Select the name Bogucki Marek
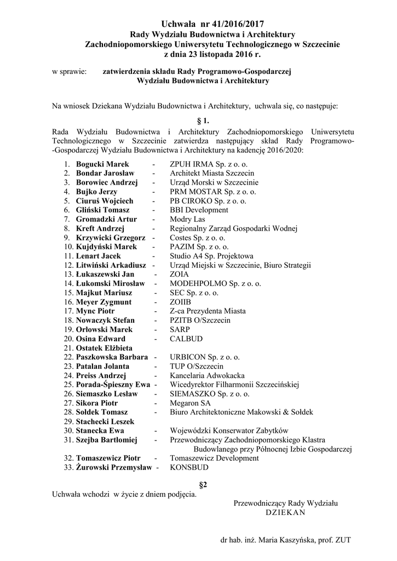[102, 164]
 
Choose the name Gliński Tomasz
[103, 210]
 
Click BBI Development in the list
[199, 210]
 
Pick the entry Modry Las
[187, 219]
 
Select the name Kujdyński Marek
[106, 247]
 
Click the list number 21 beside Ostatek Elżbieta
[68, 348]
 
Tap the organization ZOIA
[179, 274]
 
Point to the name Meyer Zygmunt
[103, 302]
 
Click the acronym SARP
[180, 329]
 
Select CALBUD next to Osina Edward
[183, 339]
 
